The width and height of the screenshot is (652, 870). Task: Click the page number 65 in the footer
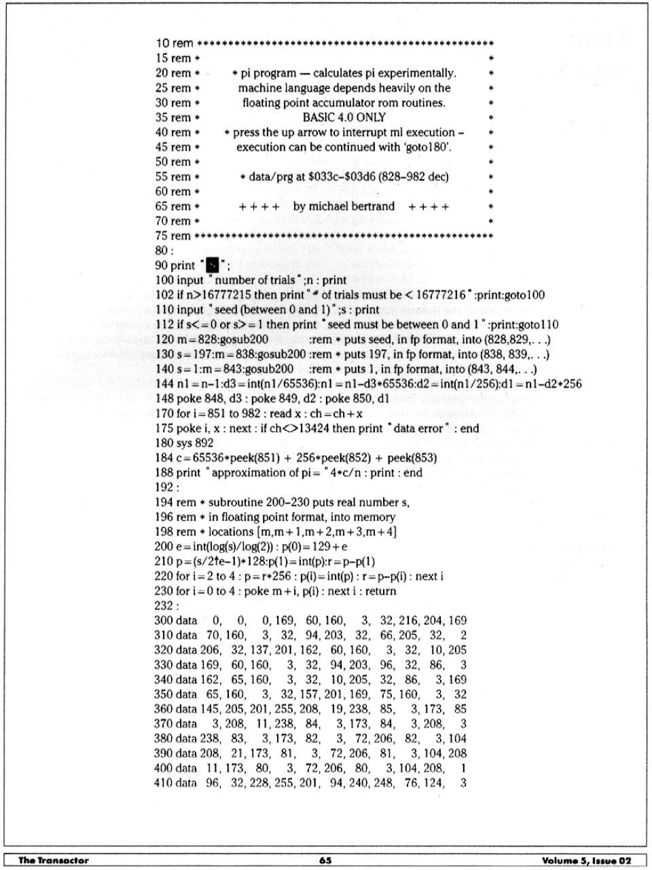tap(325, 860)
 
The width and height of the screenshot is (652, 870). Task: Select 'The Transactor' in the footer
tap(53, 860)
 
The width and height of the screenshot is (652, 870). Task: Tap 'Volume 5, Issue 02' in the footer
tap(587, 860)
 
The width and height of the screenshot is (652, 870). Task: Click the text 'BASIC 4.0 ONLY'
tap(344, 117)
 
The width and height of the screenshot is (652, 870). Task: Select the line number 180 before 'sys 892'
tap(164, 443)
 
